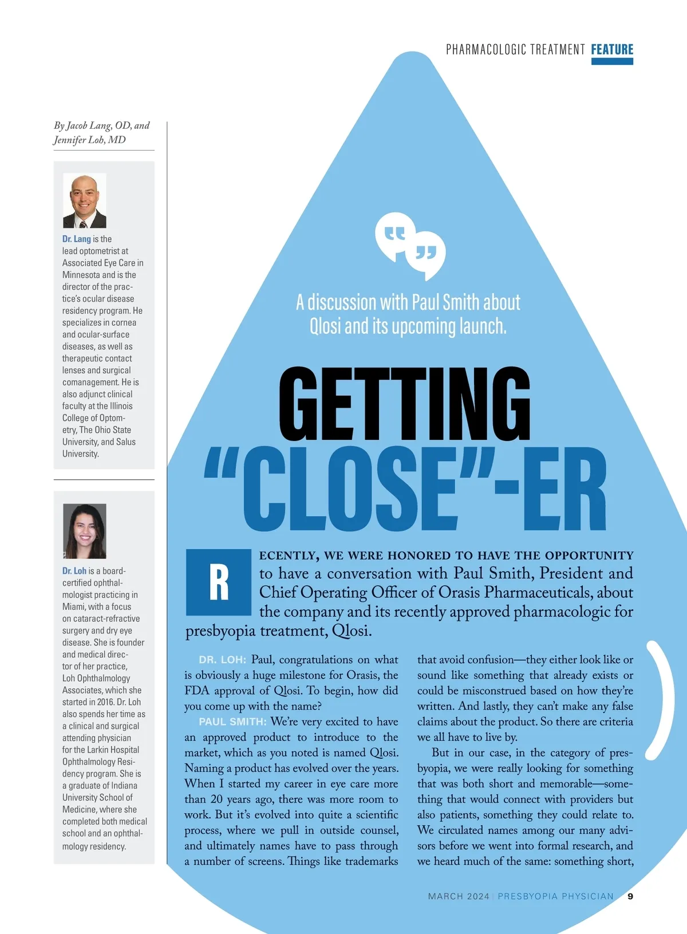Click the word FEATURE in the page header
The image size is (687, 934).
tap(612, 49)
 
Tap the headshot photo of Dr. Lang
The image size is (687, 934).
tap(84, 201)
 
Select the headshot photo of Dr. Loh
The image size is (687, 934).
tap(84, 531)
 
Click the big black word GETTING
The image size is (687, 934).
tap(404, 405)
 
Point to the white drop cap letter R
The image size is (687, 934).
tap(219, 582)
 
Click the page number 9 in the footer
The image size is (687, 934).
tap(630, 896)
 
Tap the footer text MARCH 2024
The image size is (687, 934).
tap(459, 896)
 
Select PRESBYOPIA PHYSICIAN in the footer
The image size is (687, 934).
tap(555, 896)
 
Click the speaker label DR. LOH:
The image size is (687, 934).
tap(223, 660)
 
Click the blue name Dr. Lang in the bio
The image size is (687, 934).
tap(77, 239)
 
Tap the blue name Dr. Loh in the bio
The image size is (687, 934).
tap(74, 571)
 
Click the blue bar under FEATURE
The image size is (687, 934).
tap(612, 61)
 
